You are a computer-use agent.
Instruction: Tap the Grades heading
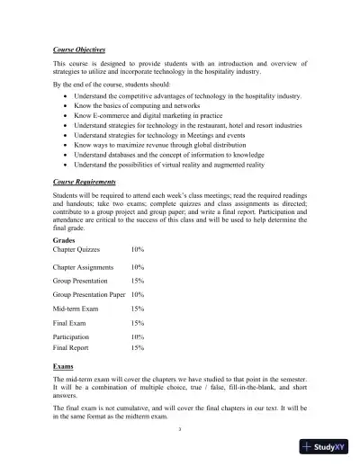[65, 239]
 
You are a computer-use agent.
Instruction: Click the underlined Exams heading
[64, 368]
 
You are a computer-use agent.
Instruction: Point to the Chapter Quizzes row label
[76, 249]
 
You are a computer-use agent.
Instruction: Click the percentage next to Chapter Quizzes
[138, 249]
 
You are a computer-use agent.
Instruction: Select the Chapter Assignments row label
[83, 268]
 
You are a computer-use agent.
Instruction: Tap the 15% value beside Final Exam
[138, 322]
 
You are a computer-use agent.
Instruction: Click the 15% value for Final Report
[138, 346]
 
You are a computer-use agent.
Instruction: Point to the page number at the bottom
[180, 429]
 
